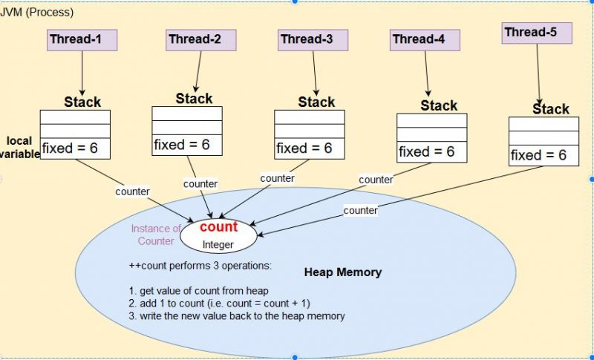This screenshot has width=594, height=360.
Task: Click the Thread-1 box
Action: point(82,39)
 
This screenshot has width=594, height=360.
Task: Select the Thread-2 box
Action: point(195,39)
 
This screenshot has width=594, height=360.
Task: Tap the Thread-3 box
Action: point(306,39)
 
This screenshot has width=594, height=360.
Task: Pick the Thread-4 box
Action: point(419,39)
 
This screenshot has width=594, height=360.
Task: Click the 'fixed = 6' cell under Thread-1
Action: point(74,148)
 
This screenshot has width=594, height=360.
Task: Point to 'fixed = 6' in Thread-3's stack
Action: point(309,148)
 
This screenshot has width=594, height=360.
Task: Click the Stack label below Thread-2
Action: point(194,98)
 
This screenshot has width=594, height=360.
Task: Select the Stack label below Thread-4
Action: point(439,105)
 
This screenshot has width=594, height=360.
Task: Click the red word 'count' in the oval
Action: point(218,227)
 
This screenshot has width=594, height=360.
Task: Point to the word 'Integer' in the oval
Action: point(218,244)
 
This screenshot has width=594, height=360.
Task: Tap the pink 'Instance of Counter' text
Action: point(156,235)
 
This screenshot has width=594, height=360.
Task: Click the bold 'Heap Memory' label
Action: point(343,272)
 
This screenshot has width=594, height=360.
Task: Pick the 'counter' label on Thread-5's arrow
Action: point(360,210)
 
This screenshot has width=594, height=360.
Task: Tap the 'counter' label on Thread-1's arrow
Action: point(132,192)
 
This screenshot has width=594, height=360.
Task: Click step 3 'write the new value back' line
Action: point(237,315)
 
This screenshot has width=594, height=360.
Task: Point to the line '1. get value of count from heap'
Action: point(198,290)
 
